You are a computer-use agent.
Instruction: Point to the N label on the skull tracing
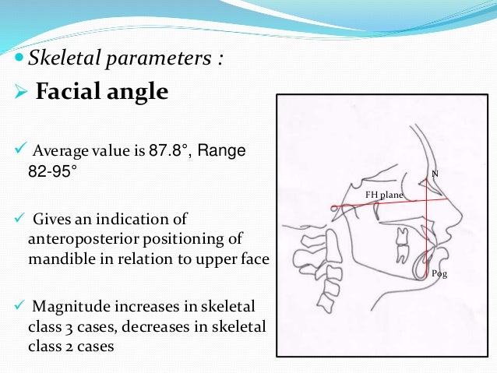pyautogui.click(x=435, y=171)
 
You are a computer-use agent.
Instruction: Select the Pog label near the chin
pyautogui.click(x=439, y=274)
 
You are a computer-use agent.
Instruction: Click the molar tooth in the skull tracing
pyautogui.click(x=403, y=250)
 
